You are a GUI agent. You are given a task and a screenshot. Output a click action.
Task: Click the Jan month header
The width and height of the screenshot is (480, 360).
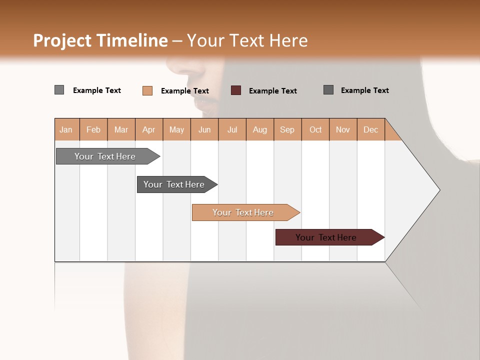(66, 129)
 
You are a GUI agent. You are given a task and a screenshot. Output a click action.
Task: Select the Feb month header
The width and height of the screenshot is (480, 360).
(93, 129)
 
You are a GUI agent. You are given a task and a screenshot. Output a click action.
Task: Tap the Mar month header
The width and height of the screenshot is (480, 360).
(121, 129)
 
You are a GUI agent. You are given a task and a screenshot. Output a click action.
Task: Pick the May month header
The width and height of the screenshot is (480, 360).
(176, 129)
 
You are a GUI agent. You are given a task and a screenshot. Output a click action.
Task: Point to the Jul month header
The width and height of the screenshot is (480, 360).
(232, 129)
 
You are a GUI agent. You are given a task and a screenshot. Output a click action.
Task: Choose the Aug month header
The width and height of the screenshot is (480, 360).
(260, 129)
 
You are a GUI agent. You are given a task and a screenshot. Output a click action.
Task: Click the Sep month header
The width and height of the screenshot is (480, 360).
(287, 129)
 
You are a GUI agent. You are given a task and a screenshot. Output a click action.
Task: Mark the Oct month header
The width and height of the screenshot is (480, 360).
(315, 129)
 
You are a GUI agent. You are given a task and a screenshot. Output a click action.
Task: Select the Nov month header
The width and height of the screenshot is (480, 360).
(343, 129)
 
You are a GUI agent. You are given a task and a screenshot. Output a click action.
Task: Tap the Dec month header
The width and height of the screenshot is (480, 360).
(370, 129)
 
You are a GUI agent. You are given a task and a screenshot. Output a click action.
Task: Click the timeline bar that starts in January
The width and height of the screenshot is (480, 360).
(105, 156)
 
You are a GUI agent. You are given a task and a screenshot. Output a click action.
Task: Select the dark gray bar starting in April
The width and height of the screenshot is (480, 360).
(174, 184)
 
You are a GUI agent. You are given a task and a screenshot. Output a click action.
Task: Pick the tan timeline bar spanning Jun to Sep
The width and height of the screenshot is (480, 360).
(243, 212)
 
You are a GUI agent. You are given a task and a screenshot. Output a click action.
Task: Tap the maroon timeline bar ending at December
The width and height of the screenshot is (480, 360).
(326, 237)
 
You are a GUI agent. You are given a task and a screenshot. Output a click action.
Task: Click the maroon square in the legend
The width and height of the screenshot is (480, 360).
(236, 90)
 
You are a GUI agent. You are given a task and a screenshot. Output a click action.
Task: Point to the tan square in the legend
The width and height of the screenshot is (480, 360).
(147, 90)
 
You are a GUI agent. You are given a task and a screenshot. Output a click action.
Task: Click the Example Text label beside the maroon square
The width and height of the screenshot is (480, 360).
(273, 91)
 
